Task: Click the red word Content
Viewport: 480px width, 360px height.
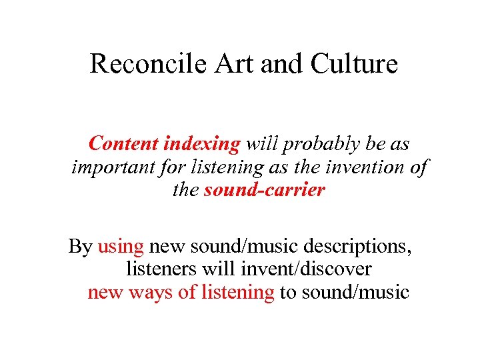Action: (123, 143)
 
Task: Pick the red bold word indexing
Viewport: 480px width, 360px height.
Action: (201, 143)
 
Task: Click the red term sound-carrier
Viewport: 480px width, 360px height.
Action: (265, 190)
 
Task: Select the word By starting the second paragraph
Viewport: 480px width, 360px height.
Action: (80, 247)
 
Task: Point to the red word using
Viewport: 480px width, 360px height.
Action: (121, 247)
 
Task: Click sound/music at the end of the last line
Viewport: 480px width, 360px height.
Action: (355, 292)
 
